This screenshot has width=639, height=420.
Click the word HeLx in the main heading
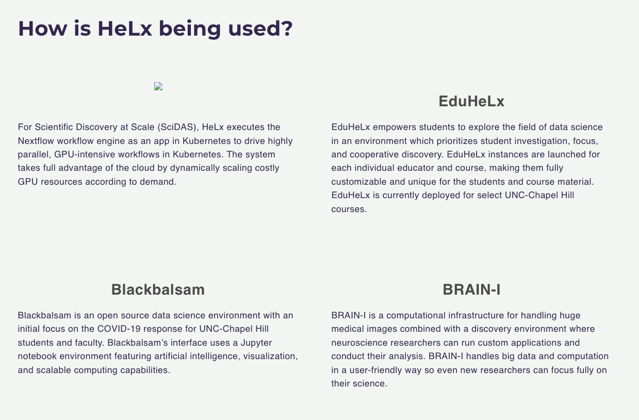click(125, 28)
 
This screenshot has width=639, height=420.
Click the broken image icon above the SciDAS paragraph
click(158, 87)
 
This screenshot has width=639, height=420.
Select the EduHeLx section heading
click(471, 102)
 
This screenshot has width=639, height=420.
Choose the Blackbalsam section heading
click(158, 290)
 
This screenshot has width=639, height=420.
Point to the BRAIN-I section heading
click(471, 290)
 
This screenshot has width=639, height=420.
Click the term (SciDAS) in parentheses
click(177, 127)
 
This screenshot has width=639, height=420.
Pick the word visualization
click(270, 356)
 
